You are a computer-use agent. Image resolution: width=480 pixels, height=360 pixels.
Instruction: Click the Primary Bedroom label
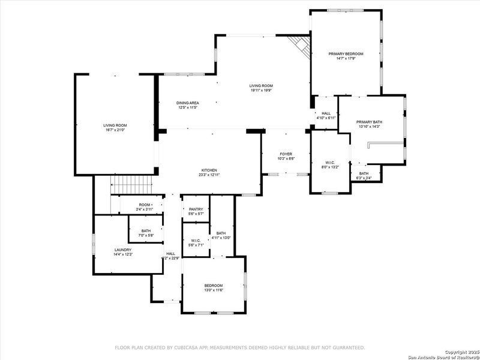coord(346,54)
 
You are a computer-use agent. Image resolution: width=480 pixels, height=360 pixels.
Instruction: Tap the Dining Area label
coord(188,103)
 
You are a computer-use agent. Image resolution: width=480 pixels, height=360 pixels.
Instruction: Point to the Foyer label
coord(286,154)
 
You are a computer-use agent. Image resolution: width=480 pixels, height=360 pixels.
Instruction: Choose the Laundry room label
coord(123,250)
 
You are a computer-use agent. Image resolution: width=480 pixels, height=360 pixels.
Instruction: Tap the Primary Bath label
coord(370,122)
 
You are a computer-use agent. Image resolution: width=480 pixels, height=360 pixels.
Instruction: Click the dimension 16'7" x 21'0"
coord(115,130)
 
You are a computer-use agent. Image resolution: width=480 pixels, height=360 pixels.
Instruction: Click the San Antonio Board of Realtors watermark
coord(443,355)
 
